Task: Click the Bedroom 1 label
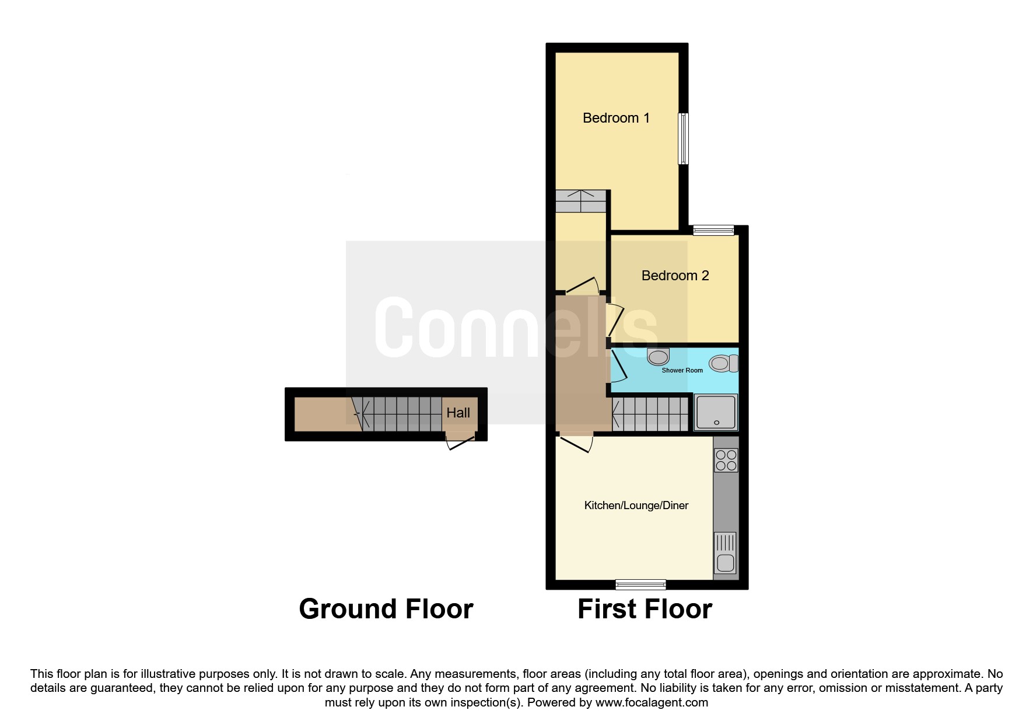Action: (x=616, y=118)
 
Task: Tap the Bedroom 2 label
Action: (x=675, y=276)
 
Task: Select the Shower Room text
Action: (x=682, y=370)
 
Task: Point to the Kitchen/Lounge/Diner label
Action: (x=636, y=506)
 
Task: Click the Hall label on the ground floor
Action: (x=458, y=413)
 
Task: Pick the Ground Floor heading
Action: (x=386, y=609)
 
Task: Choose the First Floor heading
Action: (x=645, y=609)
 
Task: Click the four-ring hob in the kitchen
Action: (x=726, y=460)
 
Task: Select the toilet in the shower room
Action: (x=724, y=364)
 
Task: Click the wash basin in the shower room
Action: (x=659, y=356)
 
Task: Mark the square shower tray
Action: (x=716, y=412)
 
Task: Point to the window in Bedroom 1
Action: (x=684, y=138)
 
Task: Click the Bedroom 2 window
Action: (x=713, y=231)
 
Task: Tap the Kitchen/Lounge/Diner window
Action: (x=640, y=584)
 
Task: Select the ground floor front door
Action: (x=460, y=441)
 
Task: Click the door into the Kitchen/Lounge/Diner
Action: (x=575, y=443)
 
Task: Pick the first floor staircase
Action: (x=650, y=414)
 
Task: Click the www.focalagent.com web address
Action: (x=652, y=702)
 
